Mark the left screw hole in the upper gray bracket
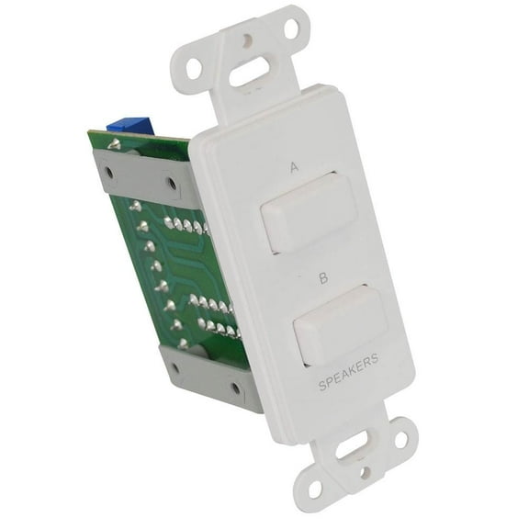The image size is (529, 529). pos(109,171)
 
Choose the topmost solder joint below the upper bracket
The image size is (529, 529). pos(134,207)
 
